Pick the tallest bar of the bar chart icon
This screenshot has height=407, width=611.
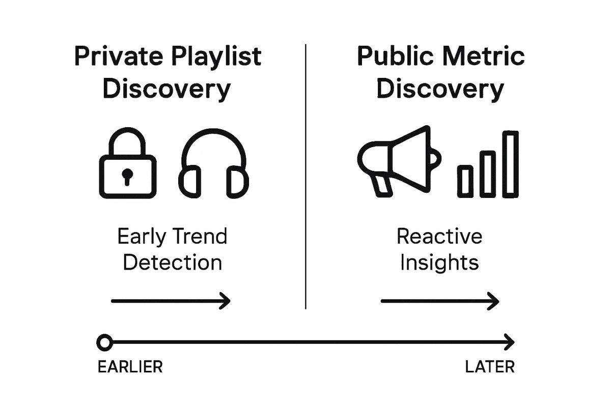pyautogui.click(x=510, y=164)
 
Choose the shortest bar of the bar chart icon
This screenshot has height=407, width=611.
pyautogui.click(x=465, y=181)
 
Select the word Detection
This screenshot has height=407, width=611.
pyautogui.click(x=173, y=263)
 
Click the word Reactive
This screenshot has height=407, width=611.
pyautogui.click(x=439, y=237)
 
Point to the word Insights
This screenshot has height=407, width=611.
pyautogui.click(x=439, y=263)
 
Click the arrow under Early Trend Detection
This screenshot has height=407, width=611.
pyautogui.click(x=171, y=301)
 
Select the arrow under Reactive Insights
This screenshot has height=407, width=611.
pyautogui.click(x=440, y=301)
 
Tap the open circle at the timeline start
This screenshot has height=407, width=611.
pyautogui.click(x=104, y=342)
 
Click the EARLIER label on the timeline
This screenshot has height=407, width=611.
pyautogui.click(x=129, y=367)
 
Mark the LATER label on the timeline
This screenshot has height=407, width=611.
pyautogui.click(x=489, y=367)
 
